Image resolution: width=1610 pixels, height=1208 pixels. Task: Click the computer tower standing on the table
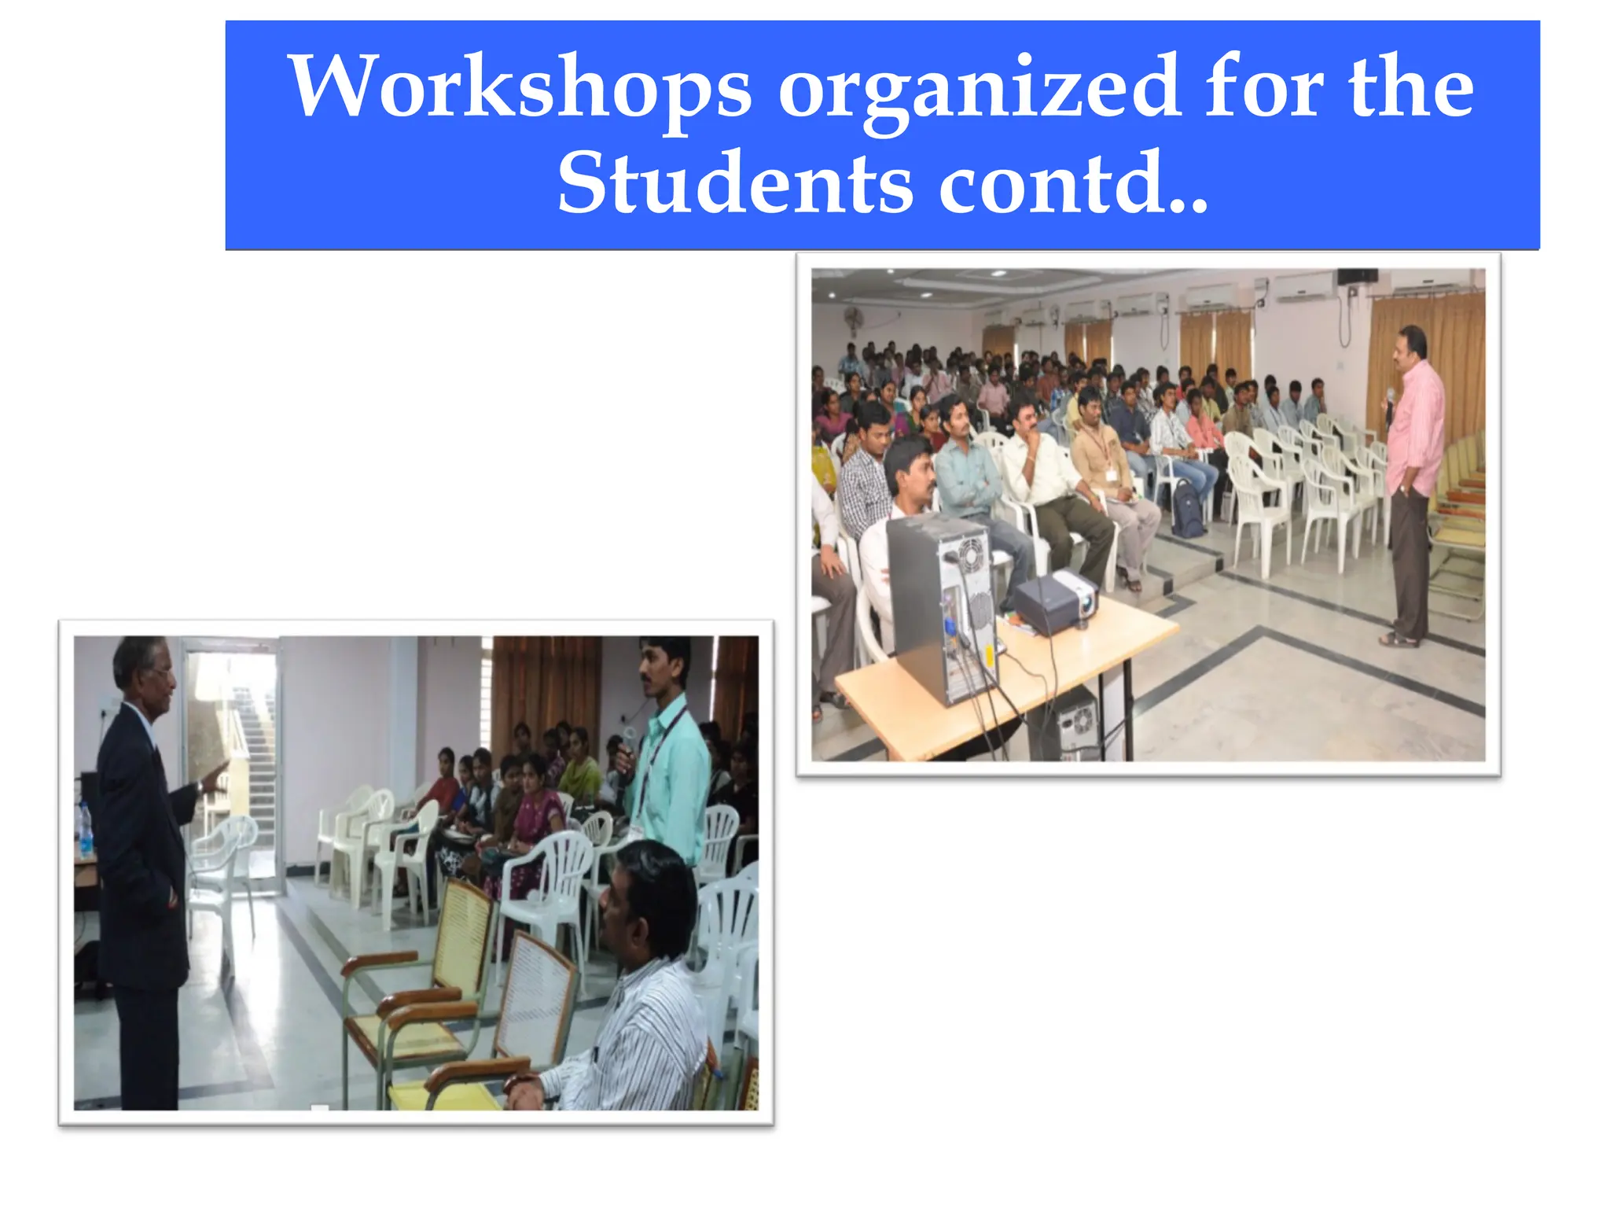(939, 606)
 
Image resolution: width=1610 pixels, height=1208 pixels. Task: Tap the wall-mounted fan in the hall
(854, 319)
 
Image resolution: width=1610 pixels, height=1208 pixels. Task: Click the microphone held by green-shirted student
(627, 743)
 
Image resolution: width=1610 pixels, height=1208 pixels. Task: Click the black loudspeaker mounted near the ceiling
(1357, 276)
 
